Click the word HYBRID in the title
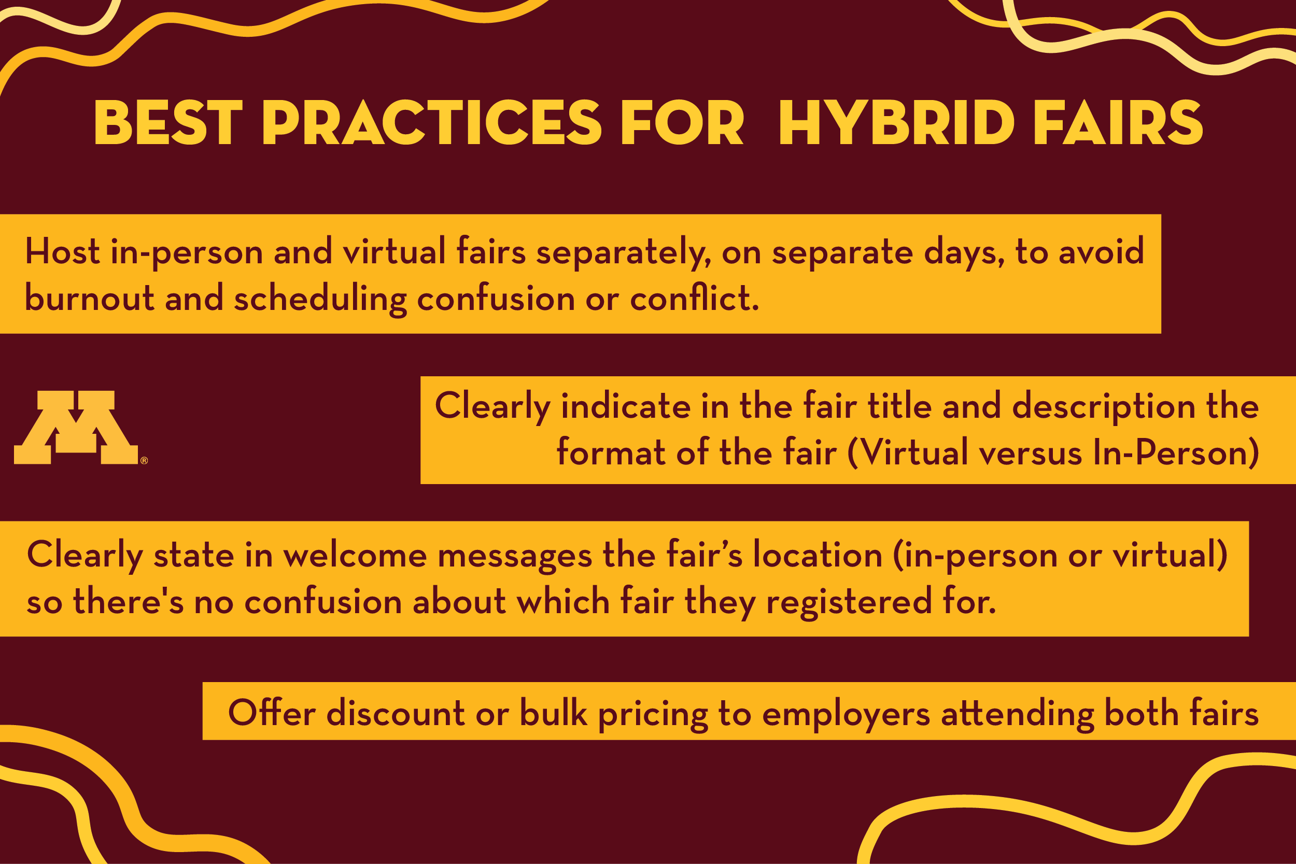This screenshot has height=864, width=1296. [896, 123]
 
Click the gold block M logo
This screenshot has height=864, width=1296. [76, 427]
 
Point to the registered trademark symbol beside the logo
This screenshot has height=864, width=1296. [144, 460]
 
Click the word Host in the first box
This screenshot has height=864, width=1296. [62, 252]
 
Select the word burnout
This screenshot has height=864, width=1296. [89, 298]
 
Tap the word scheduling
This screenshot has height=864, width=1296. [320, 299]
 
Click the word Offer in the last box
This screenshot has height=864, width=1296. [272, 713]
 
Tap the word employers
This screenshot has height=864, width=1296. [847, 715]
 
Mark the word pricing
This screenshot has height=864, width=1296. [653, 715]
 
